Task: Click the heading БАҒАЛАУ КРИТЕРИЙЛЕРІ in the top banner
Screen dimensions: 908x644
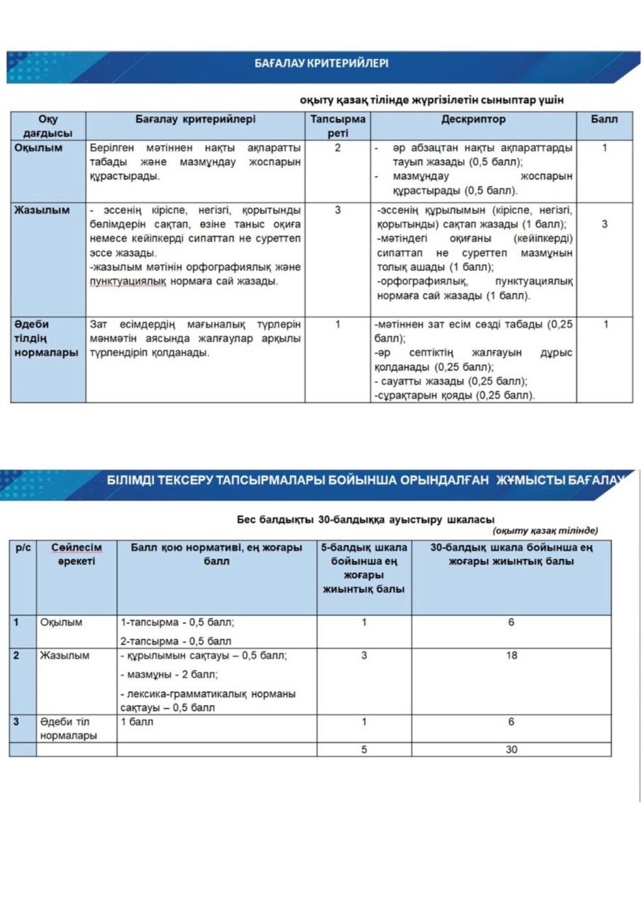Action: [321, 64]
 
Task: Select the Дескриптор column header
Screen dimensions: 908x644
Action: [473, 120]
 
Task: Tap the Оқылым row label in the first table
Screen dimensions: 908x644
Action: [40, 148]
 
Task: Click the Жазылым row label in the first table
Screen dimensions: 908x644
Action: [43, 211]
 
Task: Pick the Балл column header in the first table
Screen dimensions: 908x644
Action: [604, 120]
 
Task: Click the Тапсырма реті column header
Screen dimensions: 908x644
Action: [338, 126]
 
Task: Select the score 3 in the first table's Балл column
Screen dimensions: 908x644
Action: [604, 224]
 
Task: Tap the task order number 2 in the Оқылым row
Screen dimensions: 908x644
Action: [338, 148]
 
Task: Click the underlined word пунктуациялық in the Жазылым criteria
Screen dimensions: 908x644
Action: [127, 282]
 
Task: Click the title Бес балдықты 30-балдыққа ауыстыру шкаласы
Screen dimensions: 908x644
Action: [365, 519]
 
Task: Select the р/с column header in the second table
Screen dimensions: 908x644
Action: [23, 548]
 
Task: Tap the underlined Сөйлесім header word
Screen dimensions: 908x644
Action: [77, 548]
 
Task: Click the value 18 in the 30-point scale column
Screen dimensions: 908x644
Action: [511, 656]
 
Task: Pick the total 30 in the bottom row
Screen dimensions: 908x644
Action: [511, 749]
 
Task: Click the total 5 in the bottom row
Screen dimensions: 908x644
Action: [364, 749]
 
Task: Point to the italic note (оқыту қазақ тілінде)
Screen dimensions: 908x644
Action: [545, 531]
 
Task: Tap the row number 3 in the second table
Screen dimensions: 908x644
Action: [16, 722]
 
